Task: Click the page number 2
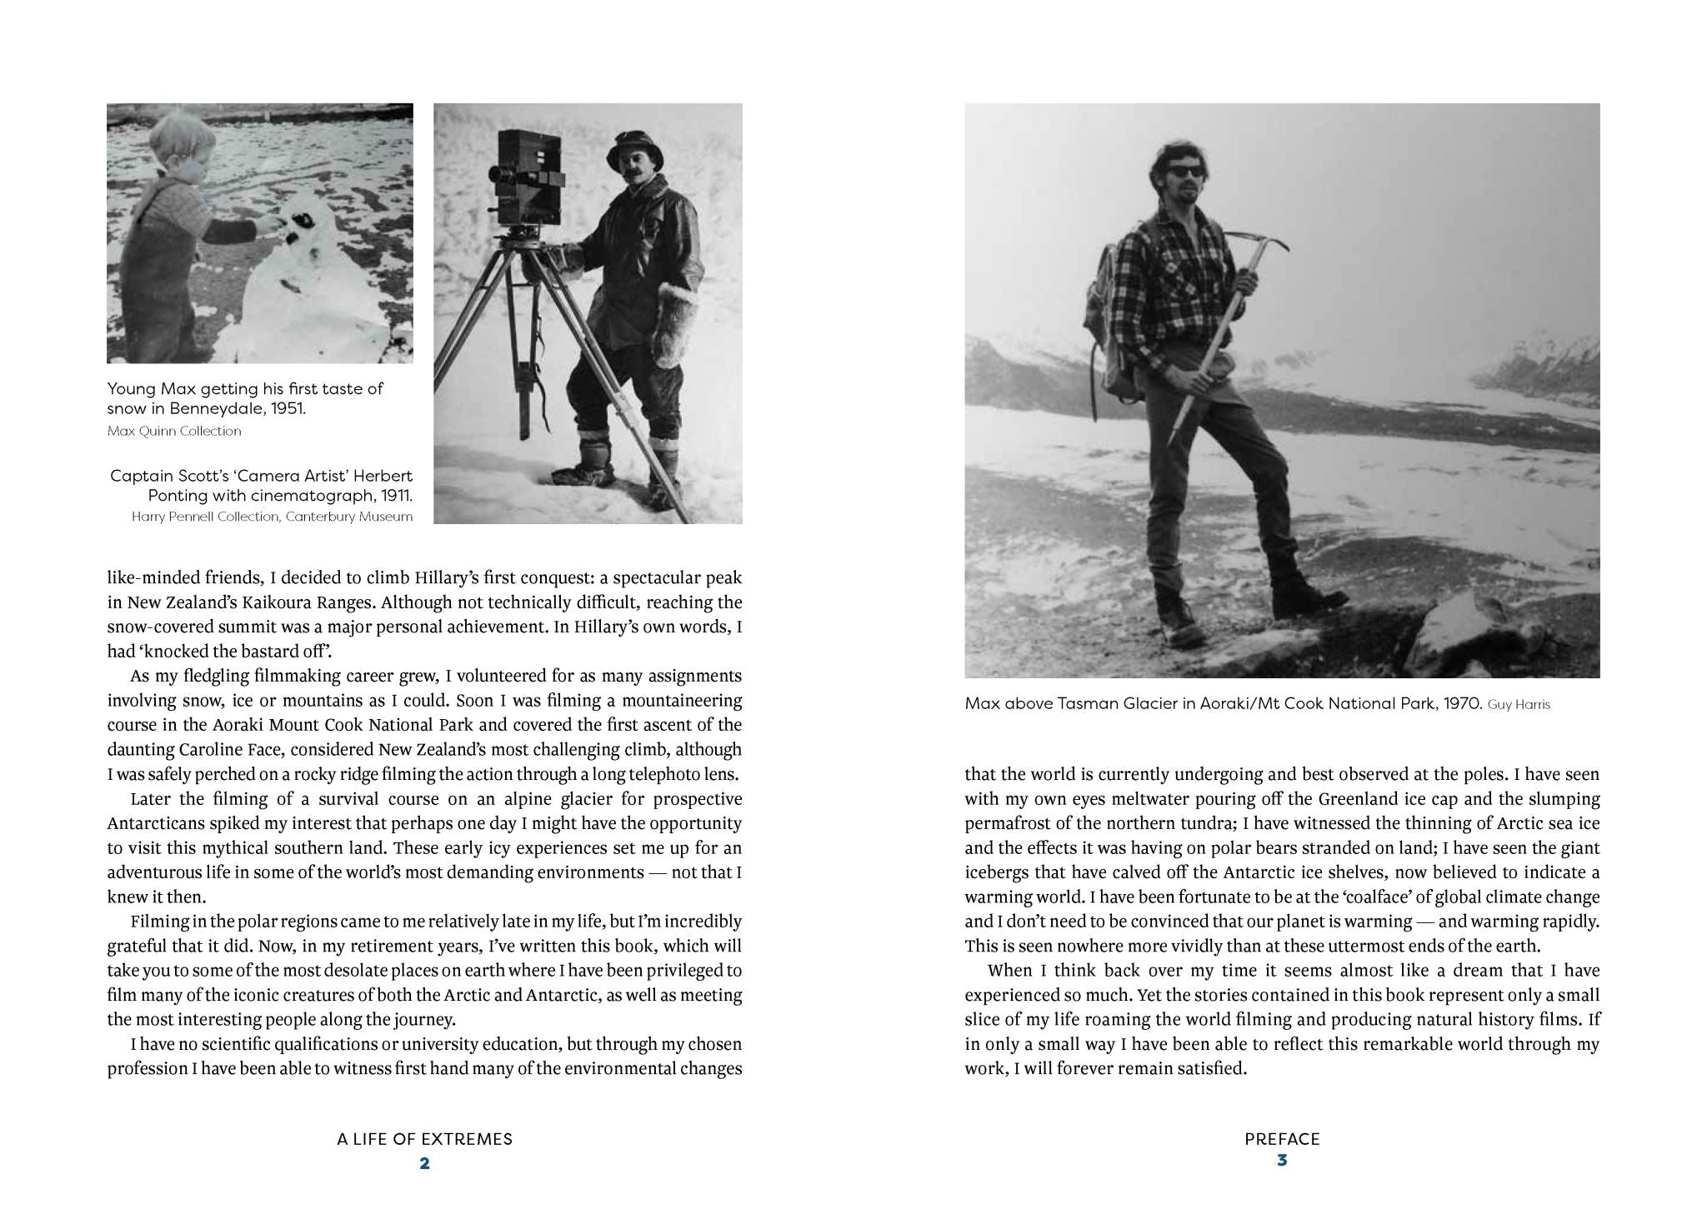tap(424, 1163)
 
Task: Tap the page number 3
tap(1282, 1159)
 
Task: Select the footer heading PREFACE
tap(1282, 1139)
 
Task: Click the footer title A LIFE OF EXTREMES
tap(424, 1139)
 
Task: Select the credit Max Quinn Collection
tap(174, 431)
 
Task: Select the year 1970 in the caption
tap(1460, 703)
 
